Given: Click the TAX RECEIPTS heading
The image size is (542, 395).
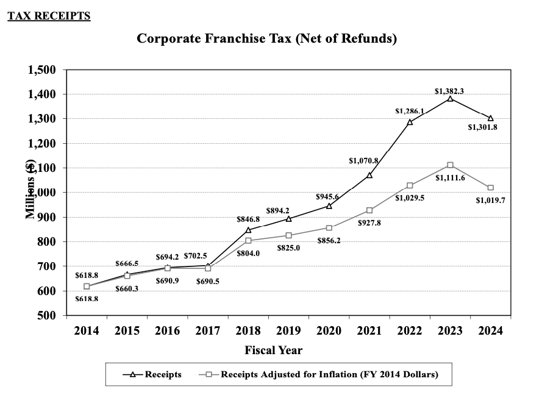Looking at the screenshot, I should (49, 16).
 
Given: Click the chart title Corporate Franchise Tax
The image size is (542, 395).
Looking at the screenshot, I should (266, 39).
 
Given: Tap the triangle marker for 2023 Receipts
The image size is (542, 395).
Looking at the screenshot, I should (450, 99).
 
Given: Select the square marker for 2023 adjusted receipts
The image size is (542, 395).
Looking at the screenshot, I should (450, 165).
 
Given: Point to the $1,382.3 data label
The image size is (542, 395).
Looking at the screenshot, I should (449, 91).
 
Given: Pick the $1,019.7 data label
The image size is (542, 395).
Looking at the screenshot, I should (490, 199).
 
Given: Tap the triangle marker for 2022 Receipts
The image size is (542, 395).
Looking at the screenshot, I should (410, 122).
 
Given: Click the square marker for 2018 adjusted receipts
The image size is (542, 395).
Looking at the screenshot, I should (248, 241).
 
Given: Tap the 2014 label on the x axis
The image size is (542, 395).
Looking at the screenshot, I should (87, 331).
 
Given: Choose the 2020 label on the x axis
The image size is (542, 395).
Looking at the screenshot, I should (329, 331).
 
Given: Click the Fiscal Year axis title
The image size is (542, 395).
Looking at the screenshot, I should (273, 351).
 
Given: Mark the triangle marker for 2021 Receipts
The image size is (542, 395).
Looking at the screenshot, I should (369, 175).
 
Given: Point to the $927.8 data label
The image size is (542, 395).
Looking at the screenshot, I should (369, 223).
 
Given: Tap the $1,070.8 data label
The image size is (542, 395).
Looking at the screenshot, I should (363, 161).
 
